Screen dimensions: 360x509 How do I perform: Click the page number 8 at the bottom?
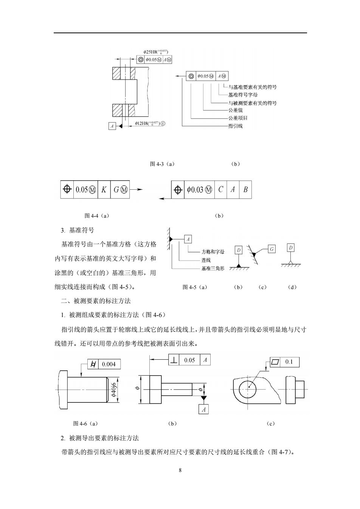coord(180,470)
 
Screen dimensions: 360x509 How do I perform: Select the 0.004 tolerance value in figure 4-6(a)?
coord(109,364)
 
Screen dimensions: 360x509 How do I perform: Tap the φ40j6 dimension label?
coord(114,390)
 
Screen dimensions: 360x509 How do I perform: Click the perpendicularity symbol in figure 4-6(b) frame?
coord(174,360)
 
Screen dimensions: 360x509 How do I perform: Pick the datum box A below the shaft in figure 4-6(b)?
coord(203,409)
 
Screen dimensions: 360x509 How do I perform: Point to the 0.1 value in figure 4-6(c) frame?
coord(289,362)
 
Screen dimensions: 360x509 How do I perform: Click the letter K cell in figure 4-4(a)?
coord(104,190)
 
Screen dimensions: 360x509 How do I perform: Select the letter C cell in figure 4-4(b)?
coord(220,190)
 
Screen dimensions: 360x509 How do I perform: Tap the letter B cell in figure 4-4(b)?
coord(245,190)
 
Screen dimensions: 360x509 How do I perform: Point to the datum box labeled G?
coord(272,249)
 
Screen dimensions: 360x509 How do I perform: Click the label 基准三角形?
coord(213,269)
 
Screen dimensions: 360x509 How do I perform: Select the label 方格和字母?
coord(213,252)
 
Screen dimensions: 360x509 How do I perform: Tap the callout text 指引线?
coord(235,126)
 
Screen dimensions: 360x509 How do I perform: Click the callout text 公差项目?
coord(238,118)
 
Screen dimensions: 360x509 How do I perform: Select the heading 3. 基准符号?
coord(77,230)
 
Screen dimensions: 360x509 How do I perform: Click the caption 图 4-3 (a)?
coord(162,164)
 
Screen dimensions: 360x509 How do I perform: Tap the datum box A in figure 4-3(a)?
coord(112,126)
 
